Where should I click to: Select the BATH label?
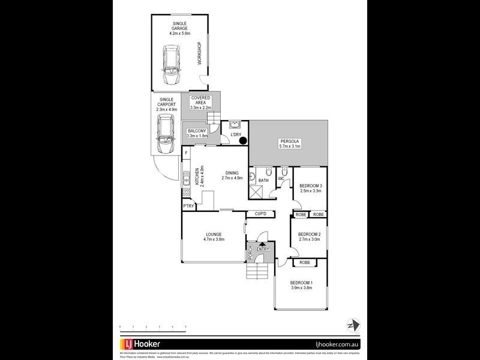click(x=263, y=180)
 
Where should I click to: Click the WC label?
click(x=280, y=178)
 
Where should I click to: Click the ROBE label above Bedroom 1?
click(x=305, y=262)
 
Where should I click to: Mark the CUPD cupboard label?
click(x=260, y=214)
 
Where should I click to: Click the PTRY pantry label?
click(x=188, y=206)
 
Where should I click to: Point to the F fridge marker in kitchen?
click(x=187, y=154)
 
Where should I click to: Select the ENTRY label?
click(x=263, y=249)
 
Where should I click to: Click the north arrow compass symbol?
click(x=352, y=325)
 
